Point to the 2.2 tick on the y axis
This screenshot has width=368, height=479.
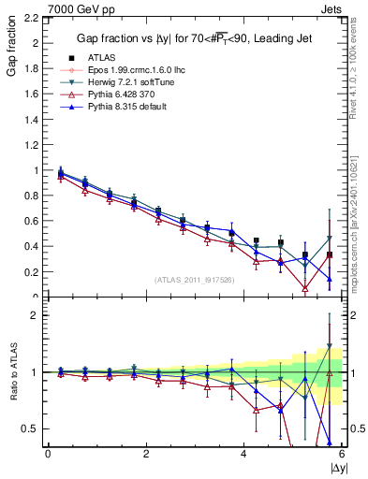[x=33, y=18]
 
